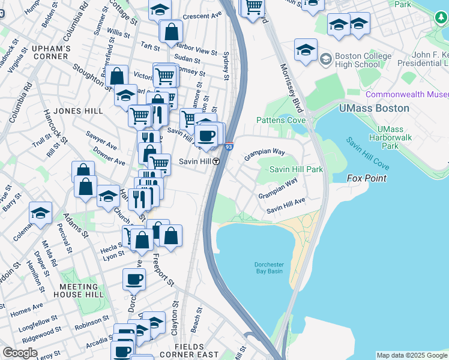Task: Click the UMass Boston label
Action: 374,109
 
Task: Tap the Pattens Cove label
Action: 280,120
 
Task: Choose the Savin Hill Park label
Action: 296,169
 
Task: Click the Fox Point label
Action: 367,179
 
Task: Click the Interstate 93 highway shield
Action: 229,146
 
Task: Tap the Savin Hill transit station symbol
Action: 214,162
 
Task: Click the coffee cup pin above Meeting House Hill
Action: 134,278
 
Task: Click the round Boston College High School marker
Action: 326,59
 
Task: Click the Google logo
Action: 20,353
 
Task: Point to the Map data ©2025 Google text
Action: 412,355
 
